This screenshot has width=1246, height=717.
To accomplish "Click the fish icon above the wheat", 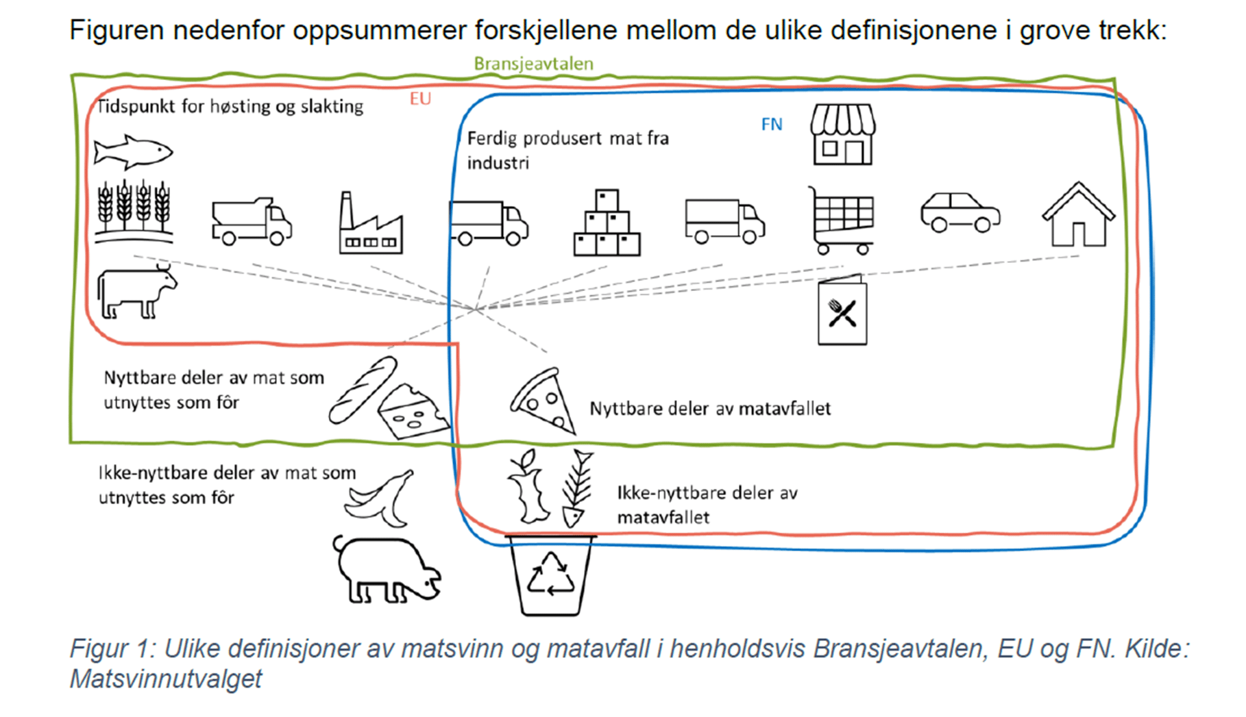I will pos(133,151).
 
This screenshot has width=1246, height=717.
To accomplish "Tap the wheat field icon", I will pos(134,212).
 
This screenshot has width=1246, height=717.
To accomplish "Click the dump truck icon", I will pos(252,221).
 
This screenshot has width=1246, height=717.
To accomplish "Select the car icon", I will pos(960,212).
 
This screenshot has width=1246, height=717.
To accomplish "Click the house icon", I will pos(1078,215).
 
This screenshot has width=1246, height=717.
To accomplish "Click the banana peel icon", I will pos(380,499).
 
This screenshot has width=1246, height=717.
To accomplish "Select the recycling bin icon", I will pos(551,575).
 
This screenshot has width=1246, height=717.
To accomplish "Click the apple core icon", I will pos(527,487).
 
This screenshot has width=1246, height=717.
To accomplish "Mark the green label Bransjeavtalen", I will pos(533,64).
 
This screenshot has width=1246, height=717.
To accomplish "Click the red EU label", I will pos(420,99).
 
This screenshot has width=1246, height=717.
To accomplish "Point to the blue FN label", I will pos(771,124).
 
